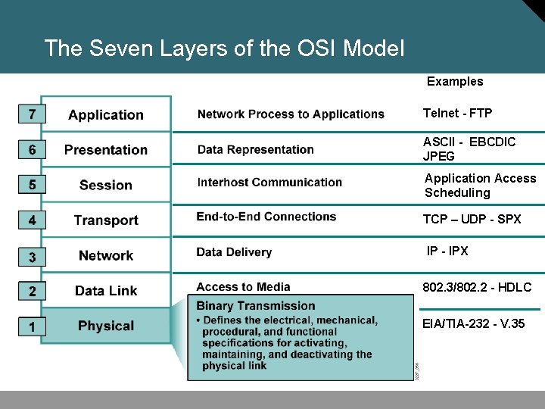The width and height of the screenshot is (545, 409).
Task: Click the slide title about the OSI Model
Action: coord(224,49)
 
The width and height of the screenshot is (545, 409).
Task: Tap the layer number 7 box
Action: coord(31,114)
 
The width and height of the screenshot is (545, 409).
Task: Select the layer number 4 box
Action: coord(31,220)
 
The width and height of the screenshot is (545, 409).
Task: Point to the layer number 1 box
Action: coord(31,326)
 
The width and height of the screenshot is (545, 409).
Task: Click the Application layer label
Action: coord(106,115)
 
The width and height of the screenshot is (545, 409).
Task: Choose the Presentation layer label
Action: coord(106,150)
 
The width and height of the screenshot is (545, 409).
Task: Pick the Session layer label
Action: coord(106,185)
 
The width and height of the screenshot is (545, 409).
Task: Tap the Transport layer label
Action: coord(106,220)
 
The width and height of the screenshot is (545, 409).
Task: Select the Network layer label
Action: coord(106,256)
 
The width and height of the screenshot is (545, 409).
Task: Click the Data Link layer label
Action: coord(106,291)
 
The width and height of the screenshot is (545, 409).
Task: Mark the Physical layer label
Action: coord(106,326)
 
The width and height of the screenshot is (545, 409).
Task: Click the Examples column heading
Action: coord(455,82)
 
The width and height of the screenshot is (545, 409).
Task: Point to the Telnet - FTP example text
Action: coord(457,114)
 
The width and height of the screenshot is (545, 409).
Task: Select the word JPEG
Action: coord(439,157)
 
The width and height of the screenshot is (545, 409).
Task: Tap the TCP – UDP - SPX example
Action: coord(472,219)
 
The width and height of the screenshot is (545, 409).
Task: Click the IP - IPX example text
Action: coord(447,251)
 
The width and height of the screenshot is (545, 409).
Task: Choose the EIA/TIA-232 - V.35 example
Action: coord(474,324)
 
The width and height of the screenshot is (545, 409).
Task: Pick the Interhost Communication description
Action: coord(269,183)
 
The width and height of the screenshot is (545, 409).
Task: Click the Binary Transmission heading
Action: coord(256,306)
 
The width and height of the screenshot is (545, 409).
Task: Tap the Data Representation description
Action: coord(255,149)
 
